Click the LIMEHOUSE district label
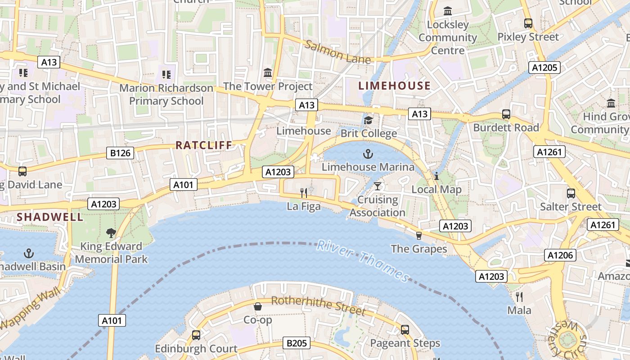coord(394,85)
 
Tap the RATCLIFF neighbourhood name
coord(204,145)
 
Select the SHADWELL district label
coord(50,217)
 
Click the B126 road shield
coord(121,153)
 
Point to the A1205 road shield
coord(545,68)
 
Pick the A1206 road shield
coord(560,256)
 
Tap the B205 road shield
coord(297,343)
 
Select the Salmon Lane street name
coord(337,52)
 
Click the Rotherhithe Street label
coord(319,306)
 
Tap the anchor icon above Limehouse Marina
coord(368,154)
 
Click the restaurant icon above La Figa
coord(304,193)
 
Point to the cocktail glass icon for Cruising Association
coord(378,186)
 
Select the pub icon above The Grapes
coord(419,235)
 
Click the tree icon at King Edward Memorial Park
coord(111,233)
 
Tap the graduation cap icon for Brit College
coord(369,120)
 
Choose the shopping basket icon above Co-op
coord(258,306)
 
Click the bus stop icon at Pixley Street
coord(528,23)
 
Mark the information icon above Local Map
coord(436,176)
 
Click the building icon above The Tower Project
coord(268,72)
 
